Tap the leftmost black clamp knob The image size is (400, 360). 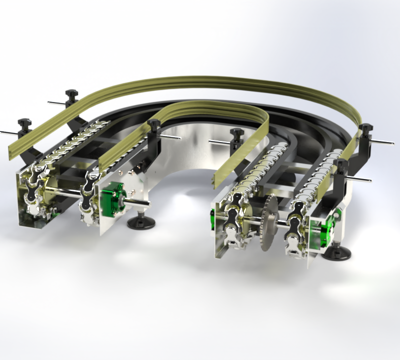tap(24, 122)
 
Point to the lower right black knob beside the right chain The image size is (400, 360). tap(342, 164)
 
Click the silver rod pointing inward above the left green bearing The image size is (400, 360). tap(172, 136)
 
